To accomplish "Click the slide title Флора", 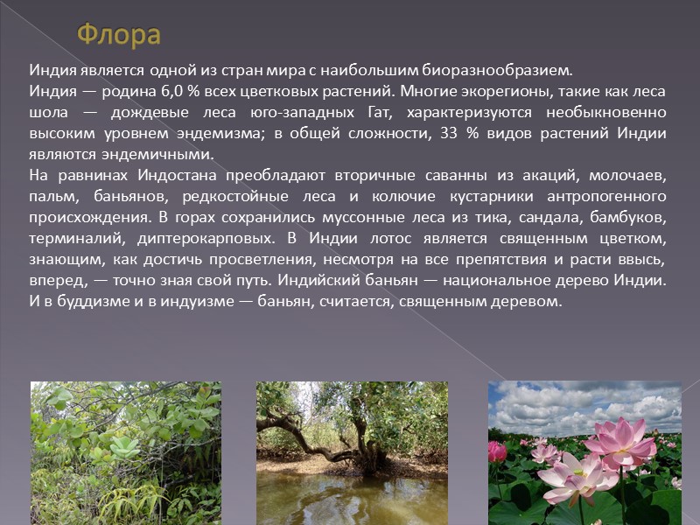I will coord(119,35).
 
